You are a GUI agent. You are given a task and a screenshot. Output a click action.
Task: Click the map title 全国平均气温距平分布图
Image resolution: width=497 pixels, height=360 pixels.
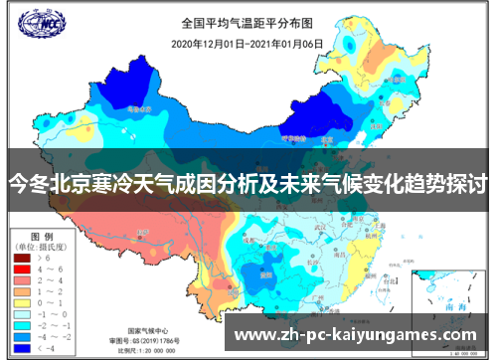(238, 22)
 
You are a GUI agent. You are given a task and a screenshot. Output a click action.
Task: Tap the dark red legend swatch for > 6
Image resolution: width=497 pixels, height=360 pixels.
(22, 258)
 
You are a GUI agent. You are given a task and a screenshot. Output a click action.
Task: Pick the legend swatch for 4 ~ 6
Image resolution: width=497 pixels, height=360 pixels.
(22, 270)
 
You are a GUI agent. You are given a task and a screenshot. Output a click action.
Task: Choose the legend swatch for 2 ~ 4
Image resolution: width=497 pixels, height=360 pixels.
(22, 281)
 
